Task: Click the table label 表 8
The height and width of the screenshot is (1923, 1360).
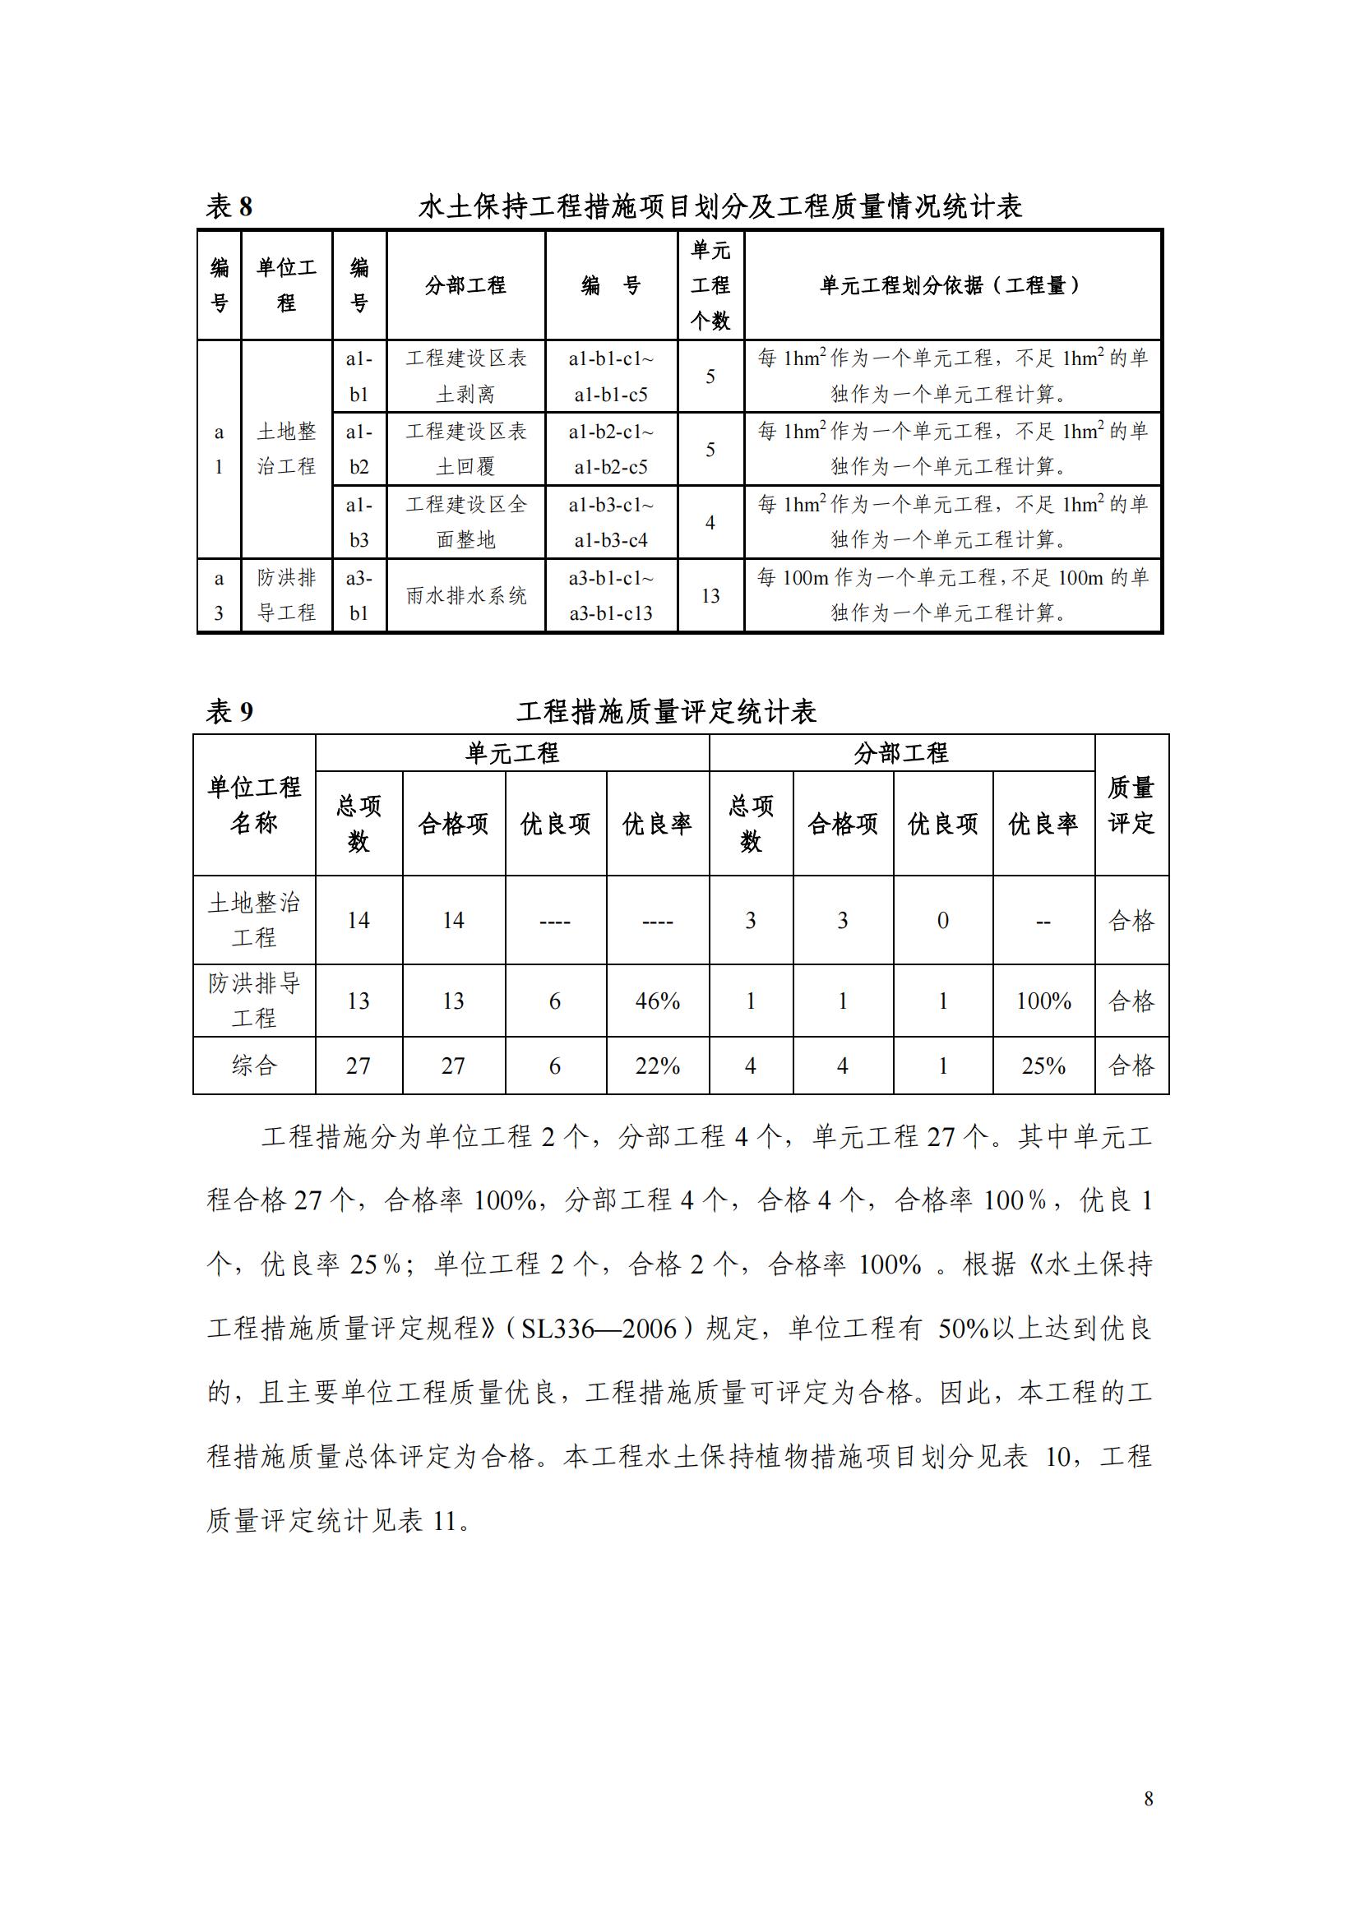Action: (229, 207)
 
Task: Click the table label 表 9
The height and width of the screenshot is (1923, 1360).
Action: (229, 712)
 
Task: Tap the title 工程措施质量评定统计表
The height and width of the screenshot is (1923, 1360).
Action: (666, 712)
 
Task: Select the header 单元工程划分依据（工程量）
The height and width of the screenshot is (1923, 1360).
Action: (951, 285)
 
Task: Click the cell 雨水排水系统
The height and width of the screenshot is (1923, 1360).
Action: (465, 595)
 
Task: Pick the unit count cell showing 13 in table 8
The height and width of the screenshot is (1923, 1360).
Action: (710, 595)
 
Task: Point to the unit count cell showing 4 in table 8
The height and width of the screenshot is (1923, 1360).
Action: (710, 523)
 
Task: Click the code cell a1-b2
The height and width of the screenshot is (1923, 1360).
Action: (359, 449)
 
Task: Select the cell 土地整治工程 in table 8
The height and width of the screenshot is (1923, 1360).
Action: (286, 449)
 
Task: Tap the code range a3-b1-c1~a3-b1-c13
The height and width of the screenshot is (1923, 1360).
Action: (610, 595)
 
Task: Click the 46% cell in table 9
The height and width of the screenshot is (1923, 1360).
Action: (658, 1001)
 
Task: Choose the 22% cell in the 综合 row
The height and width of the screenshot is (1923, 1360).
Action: (658, 1066)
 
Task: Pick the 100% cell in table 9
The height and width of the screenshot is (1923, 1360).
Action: (1043, 1001)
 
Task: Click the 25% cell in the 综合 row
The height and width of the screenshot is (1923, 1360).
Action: (1043, 1066)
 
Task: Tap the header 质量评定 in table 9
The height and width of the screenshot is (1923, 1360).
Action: (1131, 805)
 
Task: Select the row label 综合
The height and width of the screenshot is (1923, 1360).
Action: (254, 1066)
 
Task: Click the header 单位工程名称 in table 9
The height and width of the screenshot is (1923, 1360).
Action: (254, 805)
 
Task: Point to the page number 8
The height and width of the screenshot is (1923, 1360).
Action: (1148, 1798)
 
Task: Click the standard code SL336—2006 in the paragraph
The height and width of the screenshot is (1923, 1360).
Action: (599, 1329)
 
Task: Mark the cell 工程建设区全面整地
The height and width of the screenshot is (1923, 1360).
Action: (465, 523)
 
